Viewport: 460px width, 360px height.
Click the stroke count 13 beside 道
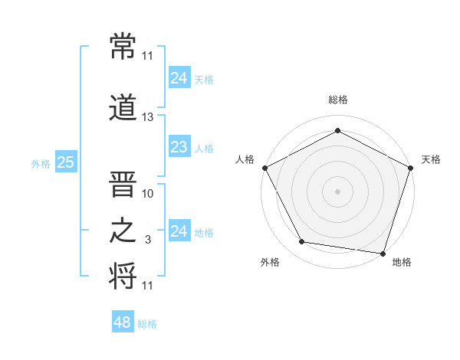coord(148,117)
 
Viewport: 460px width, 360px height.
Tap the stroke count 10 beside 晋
coord(148,194)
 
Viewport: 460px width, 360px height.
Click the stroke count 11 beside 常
coord(148,56)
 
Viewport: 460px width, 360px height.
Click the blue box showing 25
coord(65,162)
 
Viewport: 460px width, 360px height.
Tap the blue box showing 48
coord(123,322)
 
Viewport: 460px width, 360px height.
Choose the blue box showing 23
coord(179,148)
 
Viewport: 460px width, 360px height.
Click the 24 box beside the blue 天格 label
coord(179,78)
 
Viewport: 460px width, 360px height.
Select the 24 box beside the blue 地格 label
coord(179,231)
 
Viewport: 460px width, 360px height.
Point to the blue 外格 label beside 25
coord(41,163)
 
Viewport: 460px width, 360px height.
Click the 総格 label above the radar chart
coord(338,100)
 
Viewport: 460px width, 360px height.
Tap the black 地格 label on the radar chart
coord(402,262)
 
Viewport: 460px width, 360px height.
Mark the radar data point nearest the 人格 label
coord(264,167)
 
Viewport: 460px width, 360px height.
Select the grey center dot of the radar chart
coord(337,191)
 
